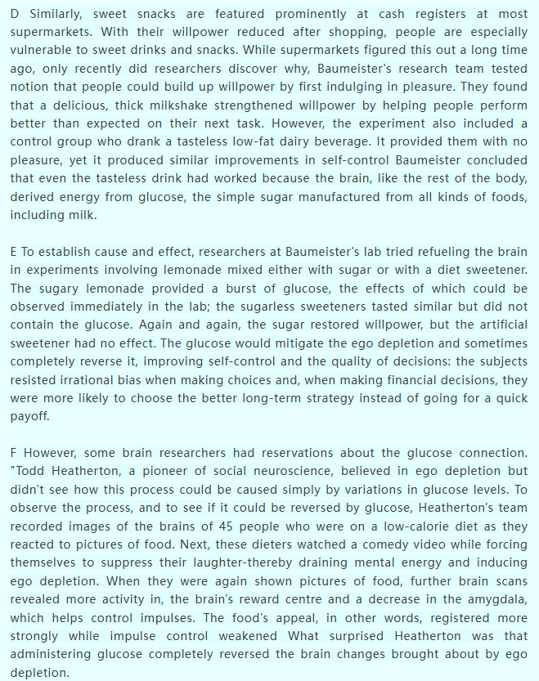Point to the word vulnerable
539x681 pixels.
coord(44,52)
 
